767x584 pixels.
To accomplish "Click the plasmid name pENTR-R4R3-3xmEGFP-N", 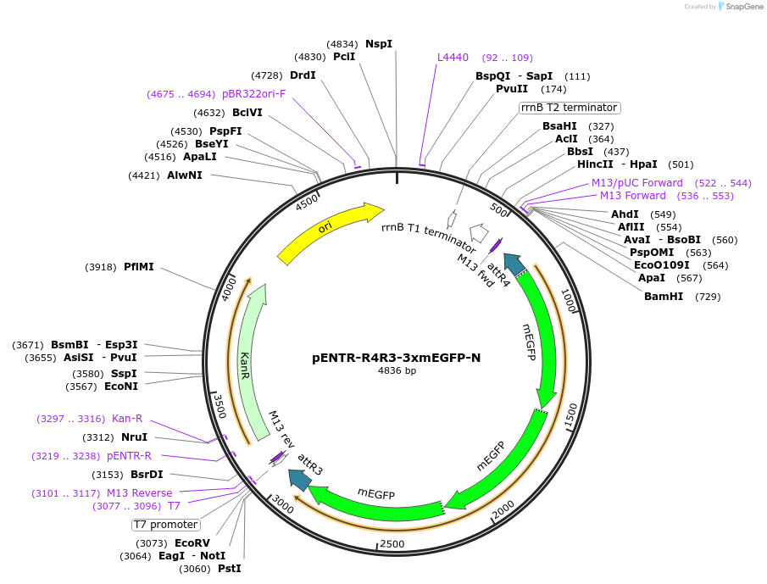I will [x=396, y=358].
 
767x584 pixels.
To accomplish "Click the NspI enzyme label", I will [x=379, y=43].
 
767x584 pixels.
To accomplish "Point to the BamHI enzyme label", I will [x=664, y=297].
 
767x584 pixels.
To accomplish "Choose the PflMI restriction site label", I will [x=138, y=267].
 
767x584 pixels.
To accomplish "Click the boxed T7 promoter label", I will [x=166, y=525].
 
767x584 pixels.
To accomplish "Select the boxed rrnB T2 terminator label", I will [x=570, y=108].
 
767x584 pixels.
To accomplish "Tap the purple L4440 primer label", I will [x=453, y=58].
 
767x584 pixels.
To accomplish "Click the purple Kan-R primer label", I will [x=127, y=419].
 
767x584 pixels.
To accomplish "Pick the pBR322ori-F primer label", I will [x=254, y=94].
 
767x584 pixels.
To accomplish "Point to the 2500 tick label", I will [x=392, y=543].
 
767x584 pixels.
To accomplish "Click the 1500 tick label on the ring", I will [x=571, y=414].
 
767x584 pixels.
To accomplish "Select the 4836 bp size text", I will [x=397, y=371].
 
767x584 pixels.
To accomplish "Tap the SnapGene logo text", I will [x=743, y=7].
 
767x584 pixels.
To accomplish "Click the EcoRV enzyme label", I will [x=192, y=542].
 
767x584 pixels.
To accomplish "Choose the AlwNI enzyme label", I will [x=185, y=175].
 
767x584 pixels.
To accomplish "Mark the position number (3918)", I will [x=101, y=267].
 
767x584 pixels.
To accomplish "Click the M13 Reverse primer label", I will [x=139, y=493].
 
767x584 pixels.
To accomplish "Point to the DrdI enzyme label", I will [x=303, y=75].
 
